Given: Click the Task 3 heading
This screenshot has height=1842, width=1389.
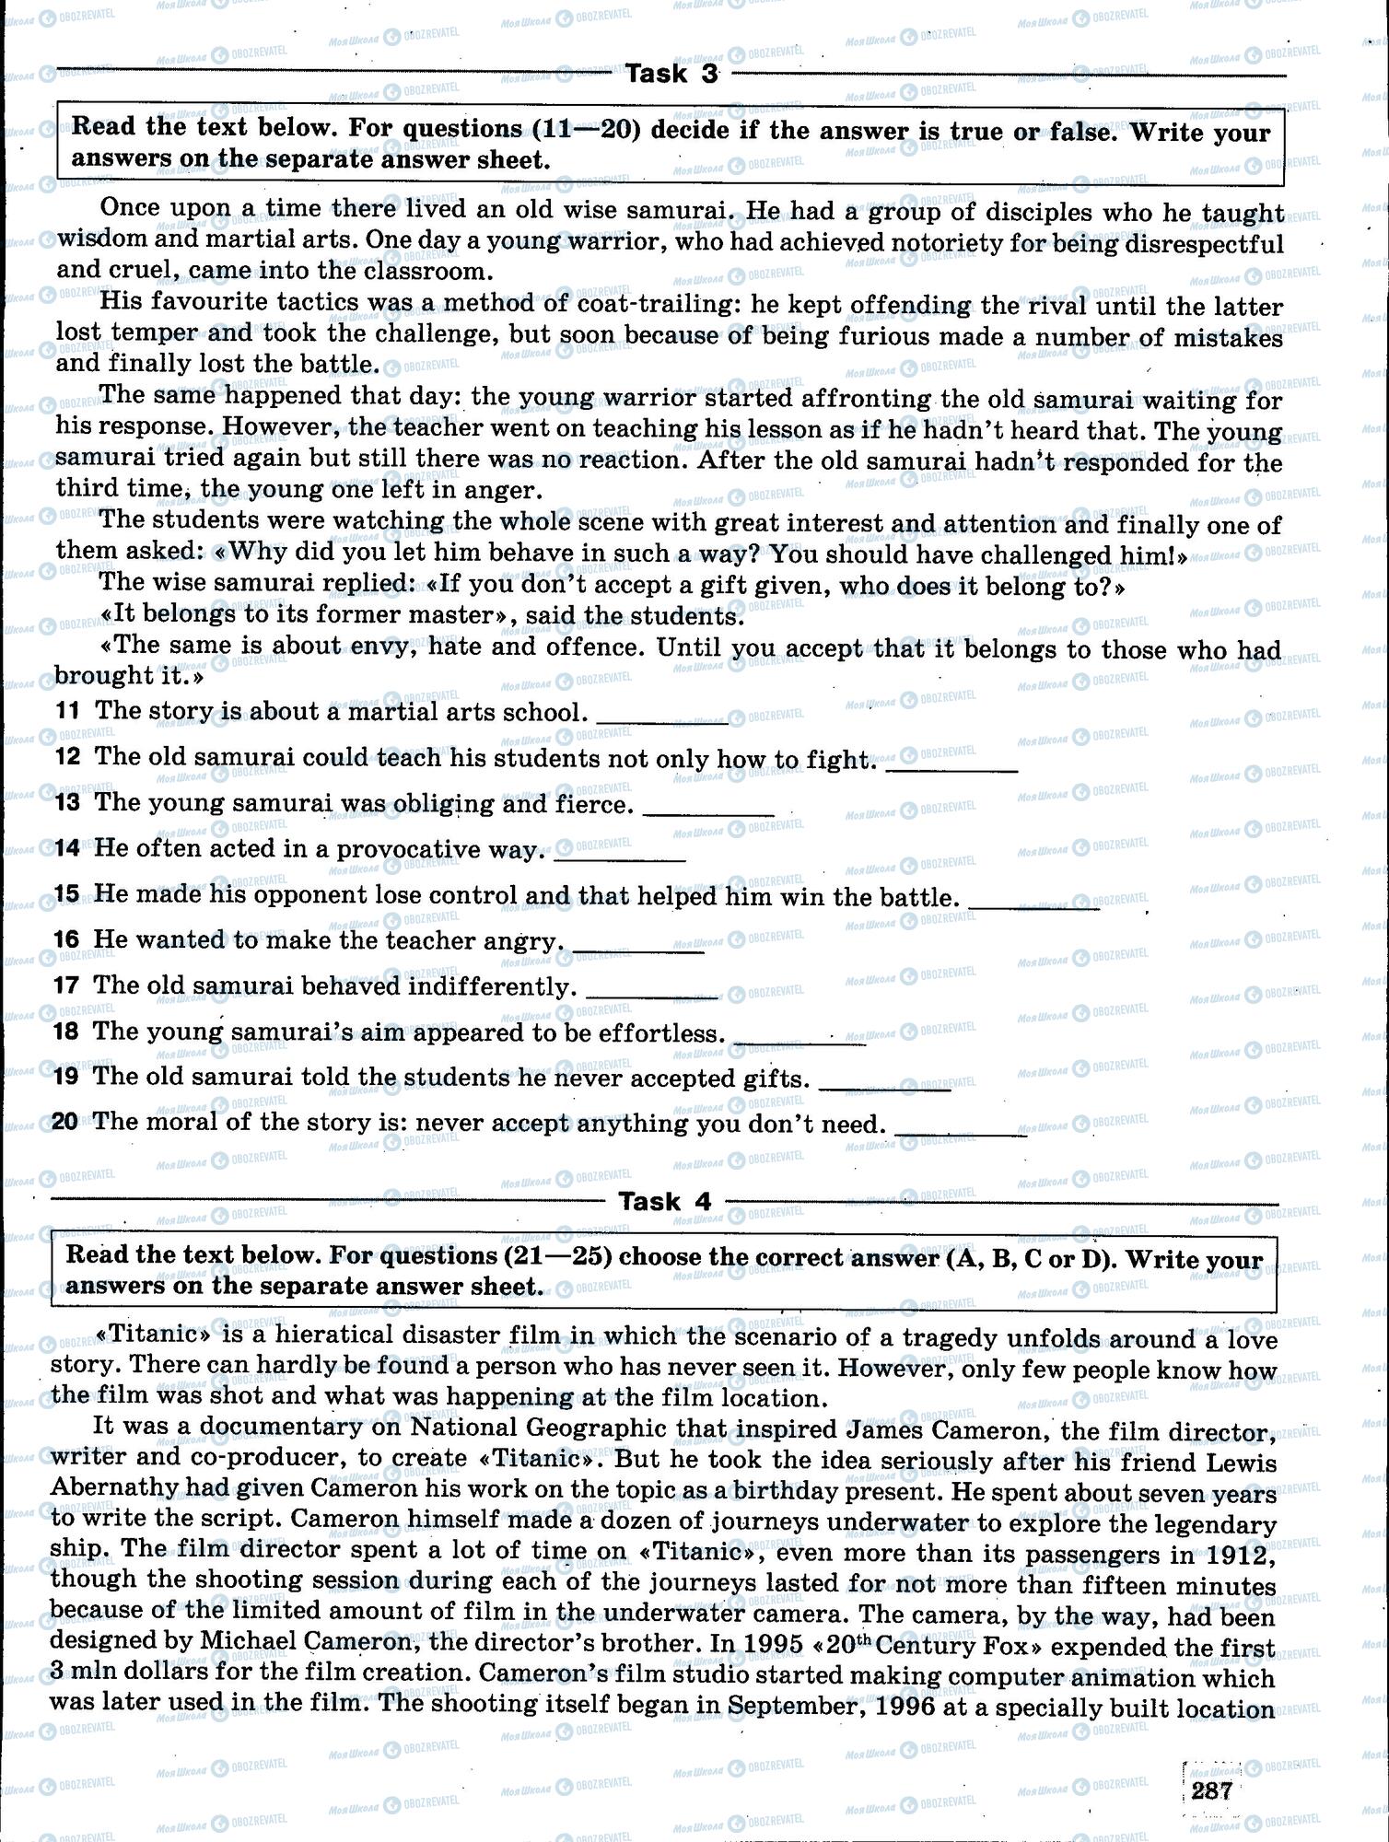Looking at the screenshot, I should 671,75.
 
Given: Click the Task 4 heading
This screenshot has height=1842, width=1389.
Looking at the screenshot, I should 664,1201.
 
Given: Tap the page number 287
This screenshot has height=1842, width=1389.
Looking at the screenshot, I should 1211,1790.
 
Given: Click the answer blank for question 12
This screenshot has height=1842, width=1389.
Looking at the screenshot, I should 951,767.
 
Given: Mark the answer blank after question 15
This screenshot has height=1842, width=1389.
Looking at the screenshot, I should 1035,905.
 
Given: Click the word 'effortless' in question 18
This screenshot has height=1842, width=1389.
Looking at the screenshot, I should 658,1032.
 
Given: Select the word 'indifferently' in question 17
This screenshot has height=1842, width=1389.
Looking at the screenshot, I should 487,986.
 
